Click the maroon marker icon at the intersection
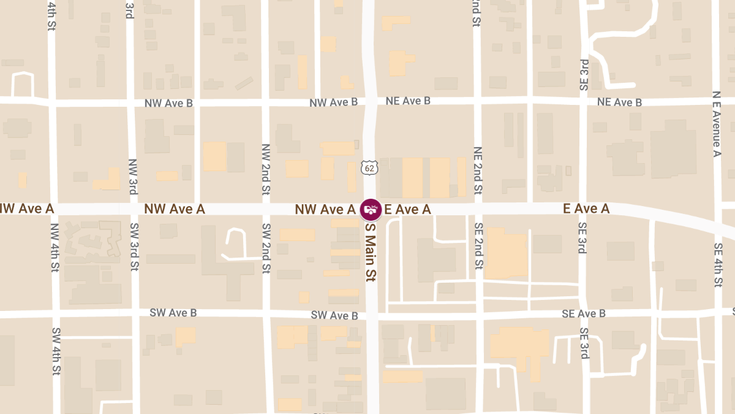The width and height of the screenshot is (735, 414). click(x=370, y=210)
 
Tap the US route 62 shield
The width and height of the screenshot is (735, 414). click(x=369, y=167)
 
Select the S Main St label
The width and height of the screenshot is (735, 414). click(x=369, y=251)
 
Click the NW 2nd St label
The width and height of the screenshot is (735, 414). click(x=266, y=169)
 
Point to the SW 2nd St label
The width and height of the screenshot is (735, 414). click(x=266, y=248)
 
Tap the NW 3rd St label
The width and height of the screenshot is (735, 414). click(x=133, y=177)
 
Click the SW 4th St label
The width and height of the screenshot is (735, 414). click(x=56, y=351)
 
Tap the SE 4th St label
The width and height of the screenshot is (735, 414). click(x=718, y=264)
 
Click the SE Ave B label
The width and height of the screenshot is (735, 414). click(x=584, y=313)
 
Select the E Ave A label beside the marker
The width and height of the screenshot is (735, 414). click(x=407, y=210)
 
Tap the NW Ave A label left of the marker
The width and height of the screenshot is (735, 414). click(x=325, y=210)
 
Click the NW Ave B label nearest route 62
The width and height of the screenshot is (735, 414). click(x=334, y=102)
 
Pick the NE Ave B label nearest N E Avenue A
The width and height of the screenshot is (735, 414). click(x=620, y=102)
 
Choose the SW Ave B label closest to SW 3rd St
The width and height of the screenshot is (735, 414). click(x=173, y=313)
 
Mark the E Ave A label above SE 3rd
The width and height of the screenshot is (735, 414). click(x=586, y=209)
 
